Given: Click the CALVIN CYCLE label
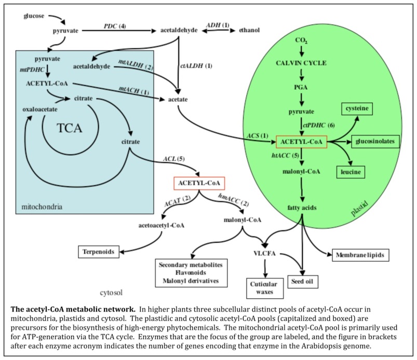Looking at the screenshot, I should point(301,63).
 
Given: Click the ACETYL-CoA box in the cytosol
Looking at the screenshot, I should point(199,183).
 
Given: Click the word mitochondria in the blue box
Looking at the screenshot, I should point(41,206).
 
